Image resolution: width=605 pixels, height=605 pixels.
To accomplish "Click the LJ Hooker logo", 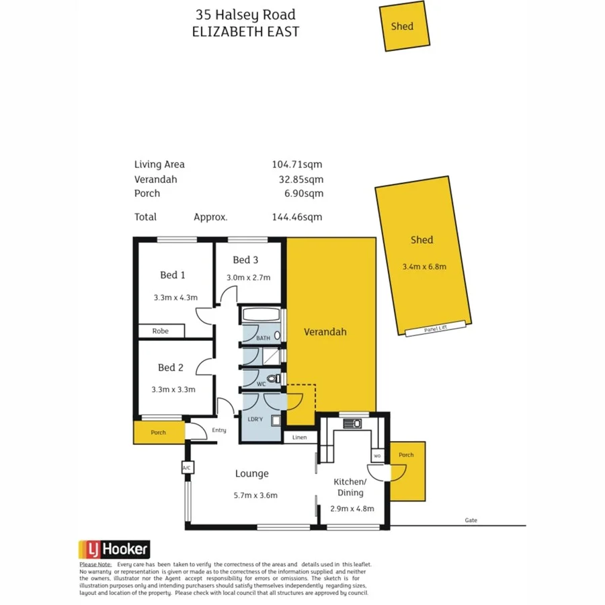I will tap(114, 549).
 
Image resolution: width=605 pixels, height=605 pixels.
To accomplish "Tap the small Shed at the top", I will tap(403, 26).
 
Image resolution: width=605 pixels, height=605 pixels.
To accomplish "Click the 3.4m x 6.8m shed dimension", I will tap(424, 266).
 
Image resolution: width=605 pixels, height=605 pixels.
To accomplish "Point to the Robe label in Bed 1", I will tap(160, 331).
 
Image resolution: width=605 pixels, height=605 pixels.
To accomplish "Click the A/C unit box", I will tap(186, 467).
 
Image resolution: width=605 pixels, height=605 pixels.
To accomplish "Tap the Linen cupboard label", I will tap(300, 438).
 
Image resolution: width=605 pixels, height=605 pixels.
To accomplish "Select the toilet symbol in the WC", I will tap(273, 379).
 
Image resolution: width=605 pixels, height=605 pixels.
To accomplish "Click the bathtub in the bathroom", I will tap(261, 315).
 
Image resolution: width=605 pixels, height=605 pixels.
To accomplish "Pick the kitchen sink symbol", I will tap(352, 424).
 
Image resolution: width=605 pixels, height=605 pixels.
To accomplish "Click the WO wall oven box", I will tap(376, 456).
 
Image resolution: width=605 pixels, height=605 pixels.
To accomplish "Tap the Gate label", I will tap(471, 520).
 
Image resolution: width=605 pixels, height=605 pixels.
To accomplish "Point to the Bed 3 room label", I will tap(245, 260).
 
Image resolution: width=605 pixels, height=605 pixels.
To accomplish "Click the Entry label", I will tap(219, 430).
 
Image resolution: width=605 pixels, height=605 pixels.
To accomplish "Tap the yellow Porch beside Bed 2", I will tap(159, 432).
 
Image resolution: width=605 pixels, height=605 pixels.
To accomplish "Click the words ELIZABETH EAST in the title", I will tap(245, 32).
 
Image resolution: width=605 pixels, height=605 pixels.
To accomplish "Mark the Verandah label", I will tap(325, 332).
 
